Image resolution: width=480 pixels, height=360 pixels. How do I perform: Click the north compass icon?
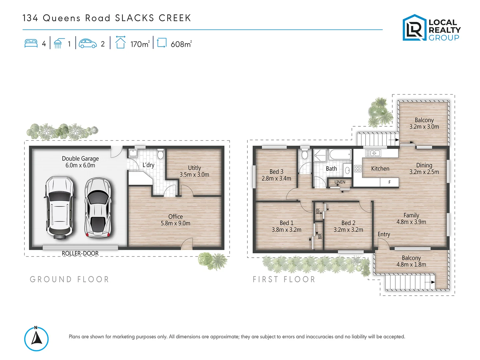[36, 339]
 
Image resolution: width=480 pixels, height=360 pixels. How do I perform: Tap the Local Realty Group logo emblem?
[414, 28]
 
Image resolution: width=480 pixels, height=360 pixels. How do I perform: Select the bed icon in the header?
[31, 44]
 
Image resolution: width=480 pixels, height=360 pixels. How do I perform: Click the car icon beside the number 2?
[88, 44]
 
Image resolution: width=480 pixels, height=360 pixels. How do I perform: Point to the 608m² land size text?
[181, 44]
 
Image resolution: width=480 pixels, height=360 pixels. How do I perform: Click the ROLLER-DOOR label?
[80, 253]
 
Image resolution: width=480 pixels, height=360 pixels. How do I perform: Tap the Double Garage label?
[80, 162]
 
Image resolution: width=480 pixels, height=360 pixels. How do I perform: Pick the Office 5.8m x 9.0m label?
[175, 220]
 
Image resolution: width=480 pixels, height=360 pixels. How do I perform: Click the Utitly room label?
[194, 171]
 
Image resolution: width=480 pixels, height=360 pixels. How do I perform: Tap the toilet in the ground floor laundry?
[160, 154]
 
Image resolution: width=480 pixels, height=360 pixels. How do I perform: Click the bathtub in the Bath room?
[340, 155]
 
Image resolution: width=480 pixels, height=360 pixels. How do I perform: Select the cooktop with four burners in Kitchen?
[358, 169]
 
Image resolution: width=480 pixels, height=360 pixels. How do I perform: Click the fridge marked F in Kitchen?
[389, 182]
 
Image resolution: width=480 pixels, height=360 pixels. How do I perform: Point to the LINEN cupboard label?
[340, 182]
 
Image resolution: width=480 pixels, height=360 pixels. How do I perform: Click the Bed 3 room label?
[276, 175]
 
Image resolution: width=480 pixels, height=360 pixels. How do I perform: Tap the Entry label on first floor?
[384, 234]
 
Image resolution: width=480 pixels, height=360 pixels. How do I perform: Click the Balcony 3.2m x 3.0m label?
[424, 123]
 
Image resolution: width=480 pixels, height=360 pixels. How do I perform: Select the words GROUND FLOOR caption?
[69, 279]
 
